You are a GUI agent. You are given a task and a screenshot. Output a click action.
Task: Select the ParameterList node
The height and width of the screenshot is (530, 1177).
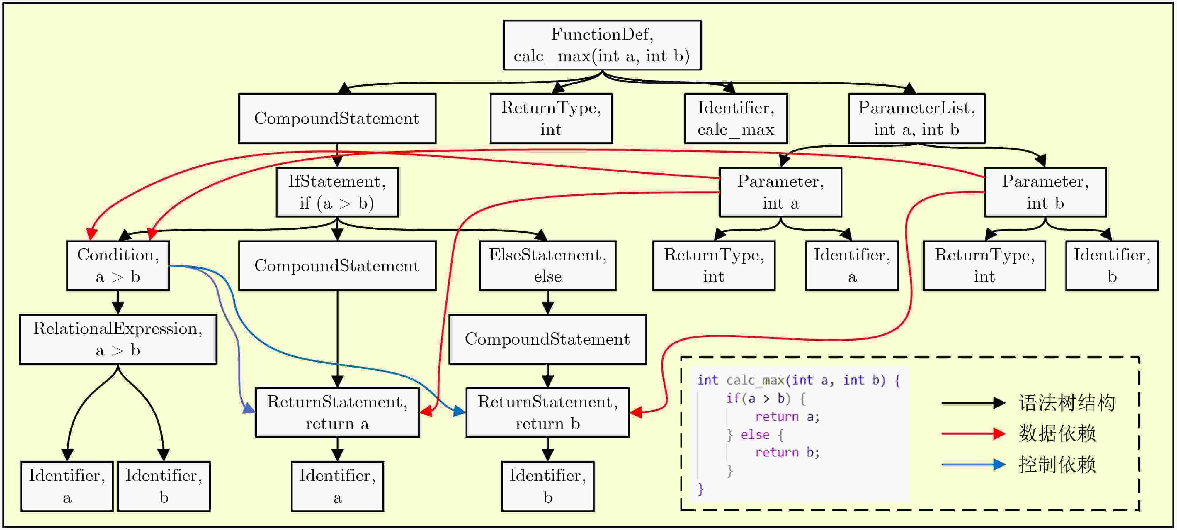916,118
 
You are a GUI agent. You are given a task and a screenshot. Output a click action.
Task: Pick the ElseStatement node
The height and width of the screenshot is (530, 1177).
547,266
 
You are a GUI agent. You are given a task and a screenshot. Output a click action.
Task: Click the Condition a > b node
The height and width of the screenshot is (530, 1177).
118,266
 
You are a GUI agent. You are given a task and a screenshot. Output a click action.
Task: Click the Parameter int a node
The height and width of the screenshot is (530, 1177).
780,192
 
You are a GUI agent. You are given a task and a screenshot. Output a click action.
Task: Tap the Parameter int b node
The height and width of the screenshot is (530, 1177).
1045,192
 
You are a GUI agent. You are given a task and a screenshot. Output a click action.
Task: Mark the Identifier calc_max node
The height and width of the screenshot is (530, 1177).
736,118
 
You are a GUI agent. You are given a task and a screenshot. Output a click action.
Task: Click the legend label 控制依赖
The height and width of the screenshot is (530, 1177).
1057,465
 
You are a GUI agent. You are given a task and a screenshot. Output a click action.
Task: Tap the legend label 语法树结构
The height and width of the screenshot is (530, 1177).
1067,403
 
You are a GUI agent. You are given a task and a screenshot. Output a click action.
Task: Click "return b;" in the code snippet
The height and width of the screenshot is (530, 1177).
787,452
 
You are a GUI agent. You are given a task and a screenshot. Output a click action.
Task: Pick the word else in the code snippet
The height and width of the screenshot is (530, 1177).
755,434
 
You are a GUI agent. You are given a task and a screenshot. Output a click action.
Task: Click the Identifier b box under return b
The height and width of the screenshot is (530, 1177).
547,486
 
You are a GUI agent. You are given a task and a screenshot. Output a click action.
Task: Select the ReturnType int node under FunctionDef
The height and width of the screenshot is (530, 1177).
551,118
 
